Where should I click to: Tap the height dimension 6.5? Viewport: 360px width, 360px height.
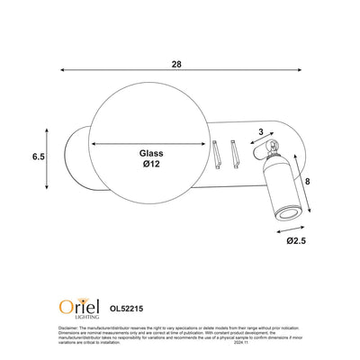click(38, 157)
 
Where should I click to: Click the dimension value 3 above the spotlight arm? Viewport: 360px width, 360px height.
click(262, 132)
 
